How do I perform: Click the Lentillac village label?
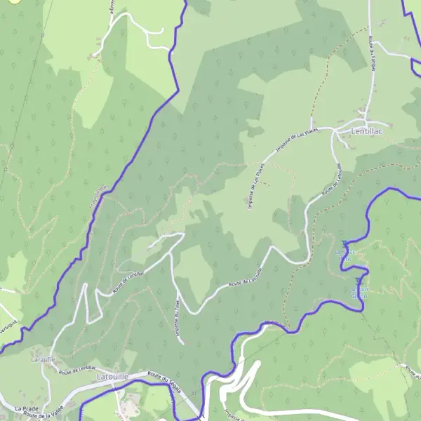pyautogui.click(x=369, y=131)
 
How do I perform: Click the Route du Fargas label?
pyautogui.click(x=370, y=53)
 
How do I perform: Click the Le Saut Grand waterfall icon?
pyautogui.click(x=359, y=281)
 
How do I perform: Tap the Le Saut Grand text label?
pyautogui.click(x=359, y=292)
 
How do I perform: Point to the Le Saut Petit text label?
pyautogui.click(x=345, y=255)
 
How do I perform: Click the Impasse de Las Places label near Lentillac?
pyautogui.click(x=298, y=140)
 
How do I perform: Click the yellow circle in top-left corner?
pyautogui.click(x=15, y=1)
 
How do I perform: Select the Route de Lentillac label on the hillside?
pyautogui.click(x=128, y=277)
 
